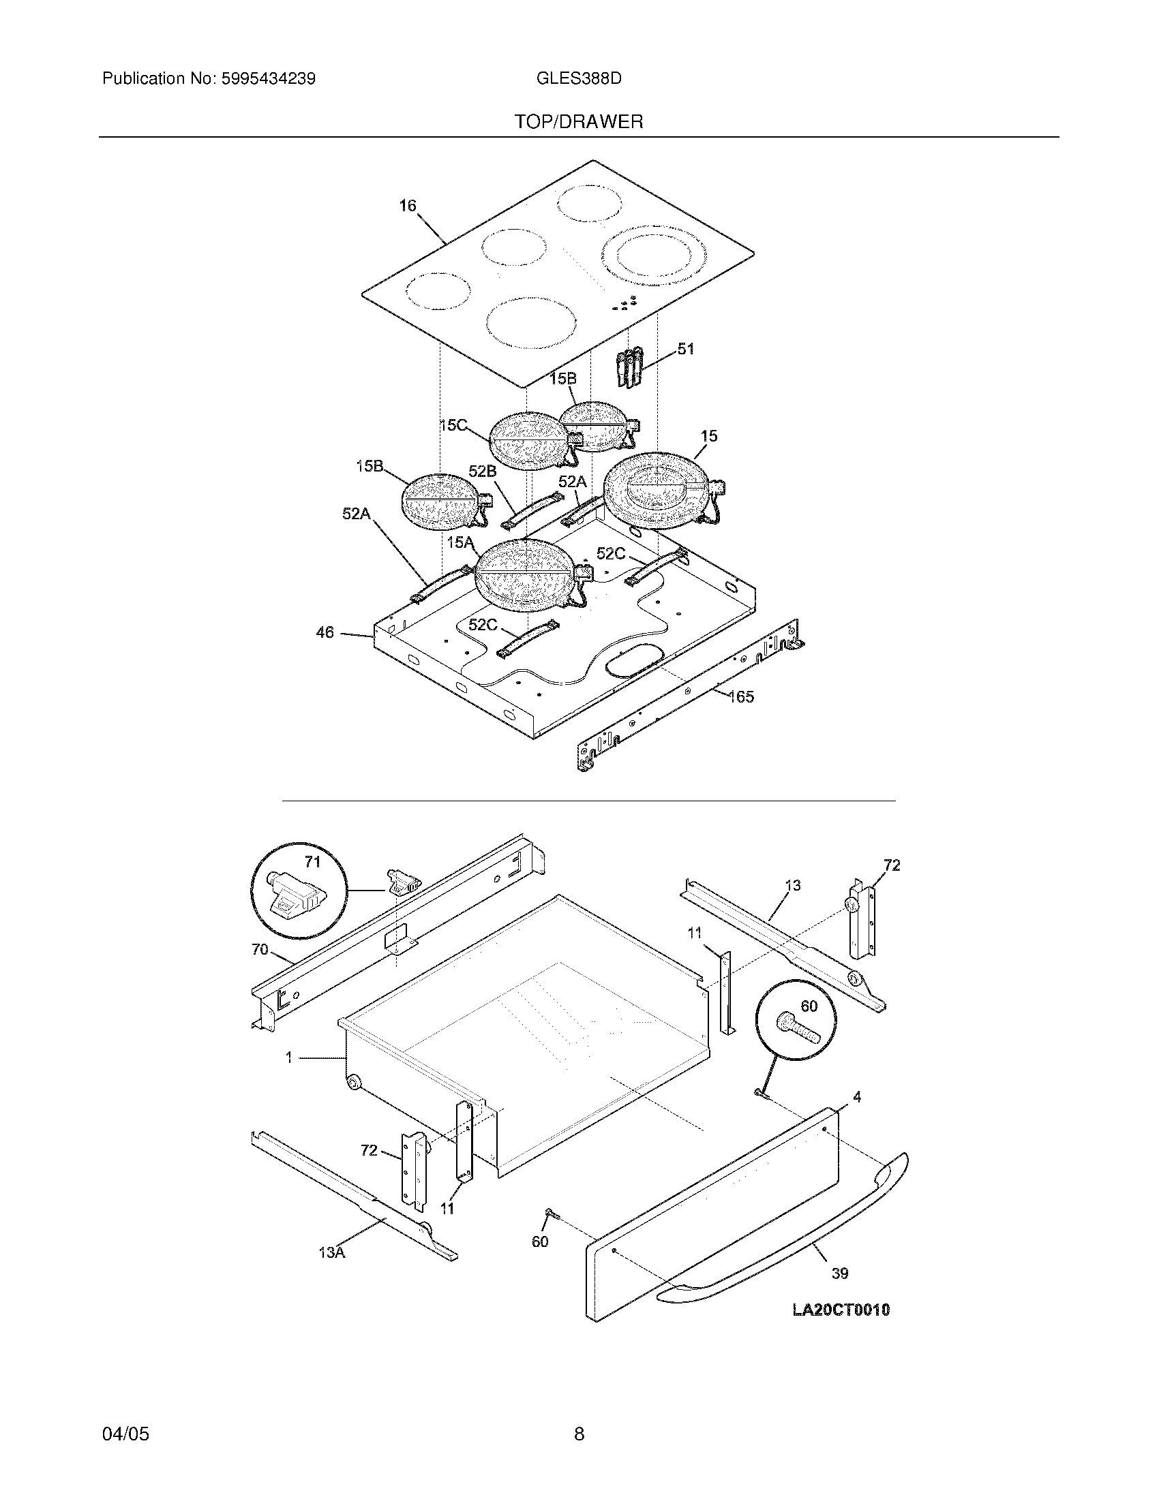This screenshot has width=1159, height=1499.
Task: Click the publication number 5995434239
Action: coord(268,79)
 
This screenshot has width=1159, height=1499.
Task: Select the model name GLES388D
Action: coord(579,79)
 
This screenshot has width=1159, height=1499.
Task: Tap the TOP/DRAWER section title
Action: coord(579,122)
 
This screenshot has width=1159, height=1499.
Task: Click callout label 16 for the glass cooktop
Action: coord(408,206)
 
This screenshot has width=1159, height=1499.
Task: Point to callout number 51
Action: coord(686,349)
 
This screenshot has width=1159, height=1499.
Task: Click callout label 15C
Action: coord(453,426)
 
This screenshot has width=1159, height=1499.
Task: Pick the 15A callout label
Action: coord(460,543)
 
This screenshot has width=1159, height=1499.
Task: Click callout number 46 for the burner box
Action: coord(325,632)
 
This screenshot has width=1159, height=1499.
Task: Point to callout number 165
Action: coord(741,697)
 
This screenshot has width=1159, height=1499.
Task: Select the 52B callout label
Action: coord(482,471)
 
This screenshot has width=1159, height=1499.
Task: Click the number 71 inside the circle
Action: coord(312,862)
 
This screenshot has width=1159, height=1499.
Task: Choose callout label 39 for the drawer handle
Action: coord(840,1273)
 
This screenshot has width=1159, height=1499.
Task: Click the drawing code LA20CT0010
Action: coord(841,1310)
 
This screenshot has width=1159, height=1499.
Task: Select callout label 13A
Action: coord(331,1252)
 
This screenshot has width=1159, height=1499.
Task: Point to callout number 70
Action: coord(260,949)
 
